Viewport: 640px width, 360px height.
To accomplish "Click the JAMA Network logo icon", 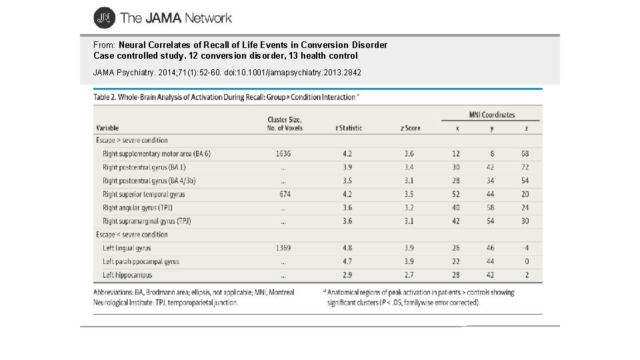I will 104,18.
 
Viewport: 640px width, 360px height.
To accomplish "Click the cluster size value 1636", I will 283,154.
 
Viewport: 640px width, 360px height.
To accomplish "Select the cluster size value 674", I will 283,195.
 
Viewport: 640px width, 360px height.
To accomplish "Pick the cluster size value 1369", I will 283,249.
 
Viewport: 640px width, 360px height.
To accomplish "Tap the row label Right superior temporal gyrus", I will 143,195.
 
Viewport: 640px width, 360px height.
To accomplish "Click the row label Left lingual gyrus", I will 127,249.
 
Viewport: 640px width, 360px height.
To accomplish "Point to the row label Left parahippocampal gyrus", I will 141,262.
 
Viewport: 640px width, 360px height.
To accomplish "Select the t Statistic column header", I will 349,127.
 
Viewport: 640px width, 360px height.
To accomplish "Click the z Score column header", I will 411,127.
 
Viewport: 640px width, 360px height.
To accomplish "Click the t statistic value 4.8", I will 347,249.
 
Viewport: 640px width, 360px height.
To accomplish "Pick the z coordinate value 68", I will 525,154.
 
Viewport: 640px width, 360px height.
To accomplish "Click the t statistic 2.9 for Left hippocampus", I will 347,275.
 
